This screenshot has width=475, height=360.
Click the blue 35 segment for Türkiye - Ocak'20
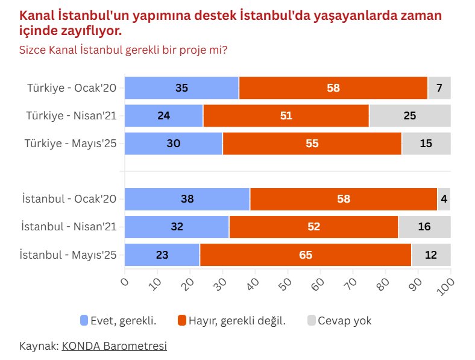181,88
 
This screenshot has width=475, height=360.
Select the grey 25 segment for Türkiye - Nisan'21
410,116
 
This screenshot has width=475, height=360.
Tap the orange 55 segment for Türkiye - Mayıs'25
312,144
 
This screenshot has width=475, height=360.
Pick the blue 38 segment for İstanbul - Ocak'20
187,199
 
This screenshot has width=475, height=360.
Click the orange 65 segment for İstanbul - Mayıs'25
305,254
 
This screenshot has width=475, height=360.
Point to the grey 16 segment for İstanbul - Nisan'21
424,227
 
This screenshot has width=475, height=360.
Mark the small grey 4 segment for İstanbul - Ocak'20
444,199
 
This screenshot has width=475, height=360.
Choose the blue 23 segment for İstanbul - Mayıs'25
162,254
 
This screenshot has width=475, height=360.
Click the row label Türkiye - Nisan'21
71,116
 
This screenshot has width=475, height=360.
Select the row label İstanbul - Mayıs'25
68,254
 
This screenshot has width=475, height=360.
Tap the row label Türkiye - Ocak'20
72,88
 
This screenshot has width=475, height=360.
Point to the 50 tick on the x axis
286,282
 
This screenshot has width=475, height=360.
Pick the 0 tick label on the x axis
125,280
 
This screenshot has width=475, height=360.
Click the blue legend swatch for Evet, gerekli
84,320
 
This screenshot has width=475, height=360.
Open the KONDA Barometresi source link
114,346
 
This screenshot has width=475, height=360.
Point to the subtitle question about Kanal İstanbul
123,49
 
